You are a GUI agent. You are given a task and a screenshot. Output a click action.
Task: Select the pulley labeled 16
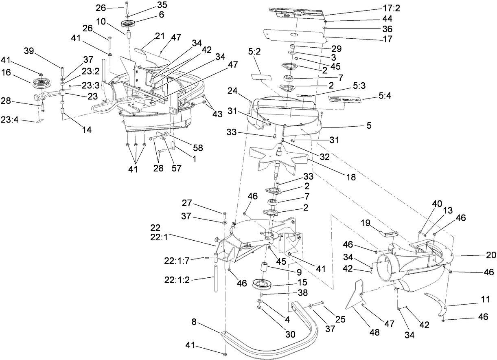(x=40, y=83)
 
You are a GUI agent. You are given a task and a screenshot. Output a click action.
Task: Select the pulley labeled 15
(x=264, y=283)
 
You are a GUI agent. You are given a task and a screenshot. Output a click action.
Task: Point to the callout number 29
(x=336, y=48)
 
